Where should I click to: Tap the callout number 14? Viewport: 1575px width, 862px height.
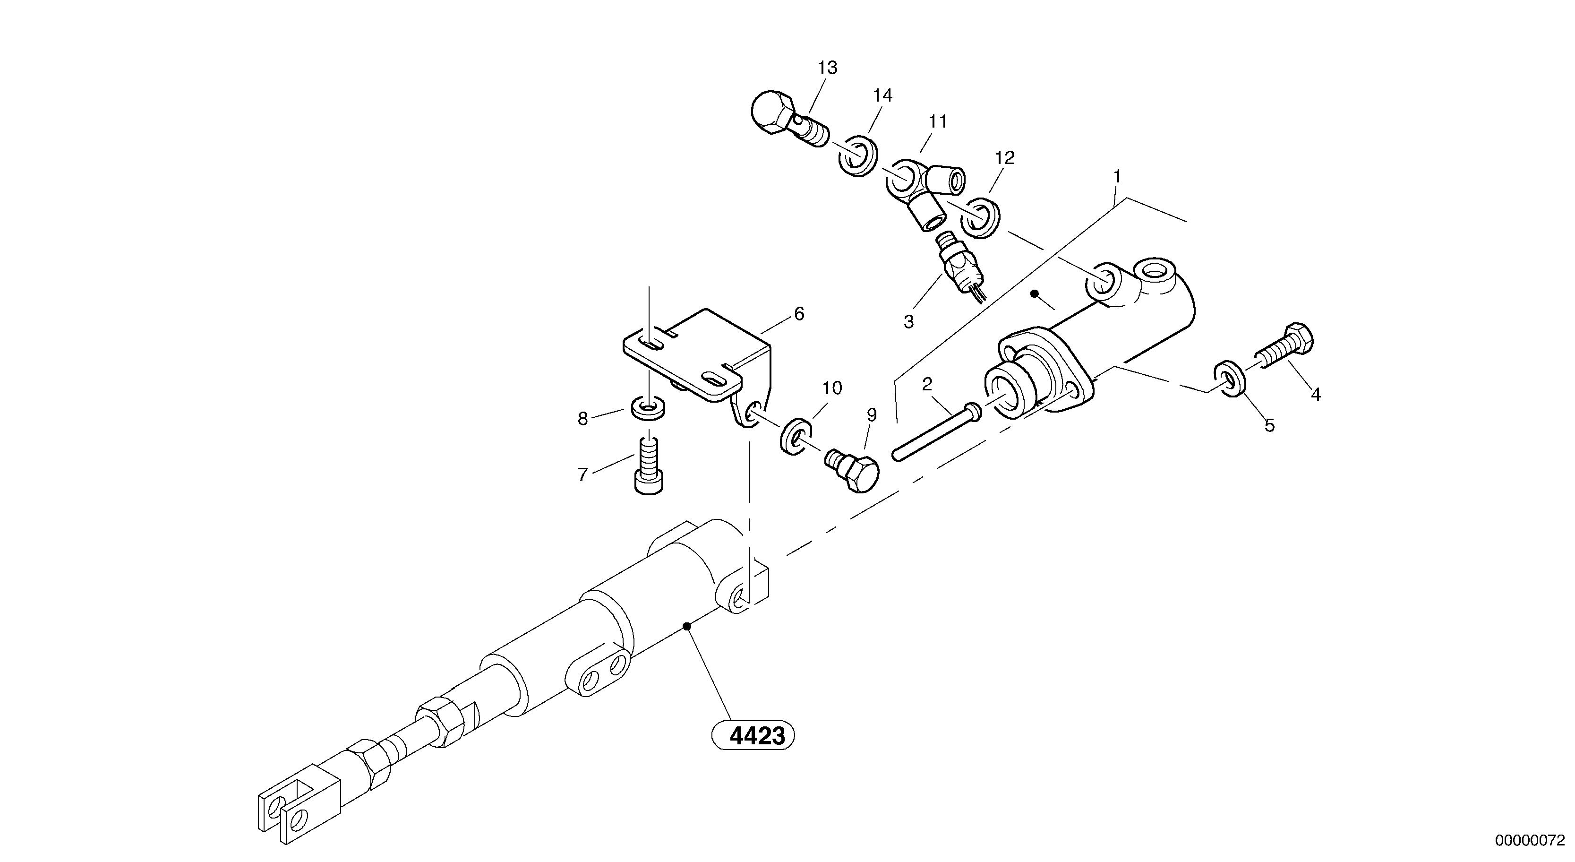point(882,95)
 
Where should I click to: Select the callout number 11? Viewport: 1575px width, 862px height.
point(937,122)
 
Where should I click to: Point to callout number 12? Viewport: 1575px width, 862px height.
point(1004,158)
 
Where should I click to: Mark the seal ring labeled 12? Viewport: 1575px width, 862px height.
point(981,217)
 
